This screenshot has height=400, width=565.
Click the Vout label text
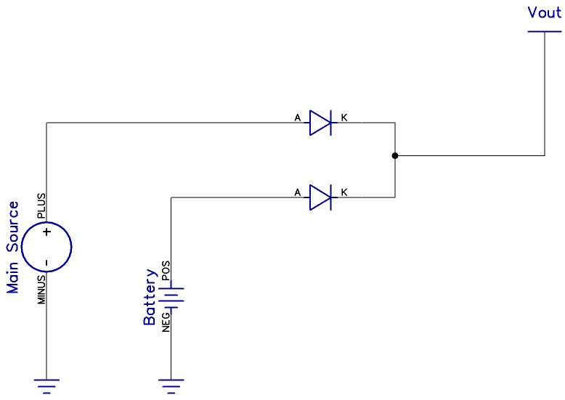click(544, 14)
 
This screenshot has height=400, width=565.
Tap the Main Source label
click(14, 248)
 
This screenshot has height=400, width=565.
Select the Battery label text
click(150, 297)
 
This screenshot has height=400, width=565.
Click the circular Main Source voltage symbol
click(46, 247)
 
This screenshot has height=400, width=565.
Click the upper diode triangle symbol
click(320, 123)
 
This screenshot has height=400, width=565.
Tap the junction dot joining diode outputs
click(394, 155)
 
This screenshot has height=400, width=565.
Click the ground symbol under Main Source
click(46, 385)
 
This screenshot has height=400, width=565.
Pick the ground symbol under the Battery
click(171, 385)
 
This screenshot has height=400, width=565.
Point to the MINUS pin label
click(41, 289)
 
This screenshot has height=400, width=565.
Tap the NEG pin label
click(166, 319)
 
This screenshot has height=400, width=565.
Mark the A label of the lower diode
click(297, 192)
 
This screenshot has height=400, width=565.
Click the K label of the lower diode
click(344, 192)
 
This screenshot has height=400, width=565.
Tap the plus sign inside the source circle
click(46, 232)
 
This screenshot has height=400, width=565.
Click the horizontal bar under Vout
click(544, 31)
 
